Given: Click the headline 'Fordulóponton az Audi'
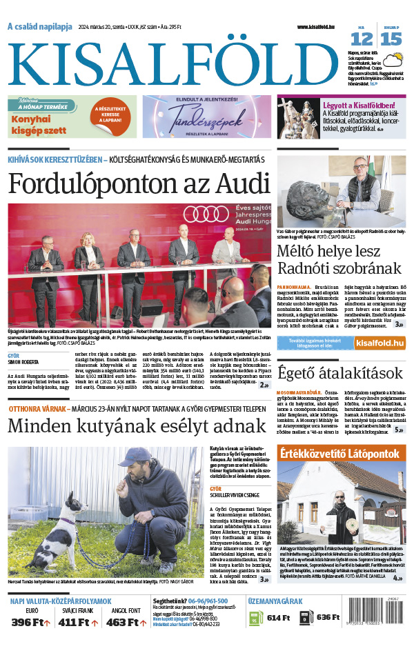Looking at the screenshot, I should click(x=139, y=185).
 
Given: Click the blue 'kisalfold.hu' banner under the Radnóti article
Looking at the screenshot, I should click(x=342, y=343).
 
